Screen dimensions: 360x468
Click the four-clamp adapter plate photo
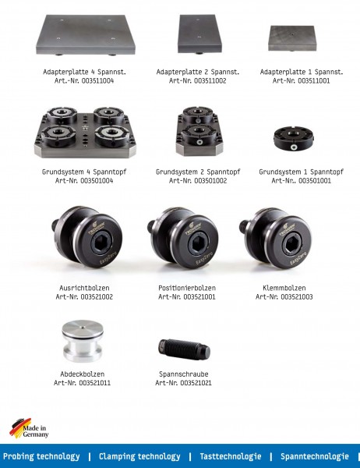point(86,35)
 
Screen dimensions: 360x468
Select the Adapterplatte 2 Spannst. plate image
point(200,34)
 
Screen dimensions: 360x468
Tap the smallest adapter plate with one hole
point(292,38)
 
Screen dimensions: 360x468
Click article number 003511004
point(97,80)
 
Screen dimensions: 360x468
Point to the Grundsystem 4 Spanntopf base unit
point(85,132)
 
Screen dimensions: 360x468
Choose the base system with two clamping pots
point(199,131)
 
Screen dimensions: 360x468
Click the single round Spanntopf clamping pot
point(294,139)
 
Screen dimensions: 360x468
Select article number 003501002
point(210,181)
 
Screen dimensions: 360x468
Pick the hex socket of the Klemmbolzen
point(292,245)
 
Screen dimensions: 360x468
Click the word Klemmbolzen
point(284,288)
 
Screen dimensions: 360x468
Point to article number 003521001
point(199,296)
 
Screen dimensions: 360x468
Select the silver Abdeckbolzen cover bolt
point(83,341)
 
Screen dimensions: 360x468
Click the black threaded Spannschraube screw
point(184,349)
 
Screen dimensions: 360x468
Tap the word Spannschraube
point(184,374)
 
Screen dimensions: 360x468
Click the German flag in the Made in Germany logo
point(19,427)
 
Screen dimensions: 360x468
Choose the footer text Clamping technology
point(139,456)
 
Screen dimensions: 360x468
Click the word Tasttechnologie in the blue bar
point(230,456)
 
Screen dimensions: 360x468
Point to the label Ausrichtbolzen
point(84,288)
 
